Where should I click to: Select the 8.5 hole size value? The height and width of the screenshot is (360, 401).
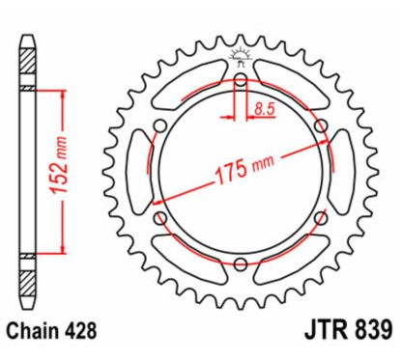[262, 111]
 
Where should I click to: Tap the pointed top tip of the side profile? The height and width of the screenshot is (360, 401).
[28, 39]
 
